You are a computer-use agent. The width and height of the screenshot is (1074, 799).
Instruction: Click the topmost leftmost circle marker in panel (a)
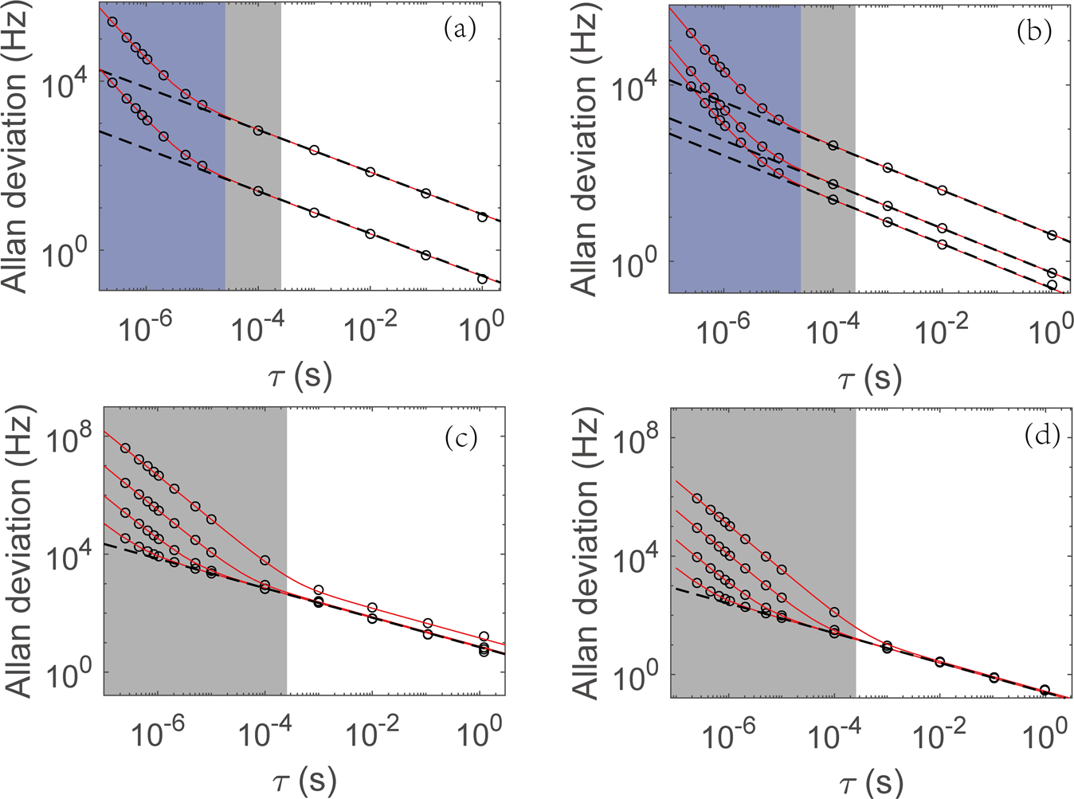click(x=112, y=22)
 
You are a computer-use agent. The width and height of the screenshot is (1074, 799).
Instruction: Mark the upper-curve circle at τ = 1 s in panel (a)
click(x=482, y=217)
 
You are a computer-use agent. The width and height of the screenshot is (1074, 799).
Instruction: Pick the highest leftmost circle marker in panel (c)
click(x=125, y=448)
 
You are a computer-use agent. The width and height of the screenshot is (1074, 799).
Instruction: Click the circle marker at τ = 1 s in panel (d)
click(x=1045, y=690)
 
